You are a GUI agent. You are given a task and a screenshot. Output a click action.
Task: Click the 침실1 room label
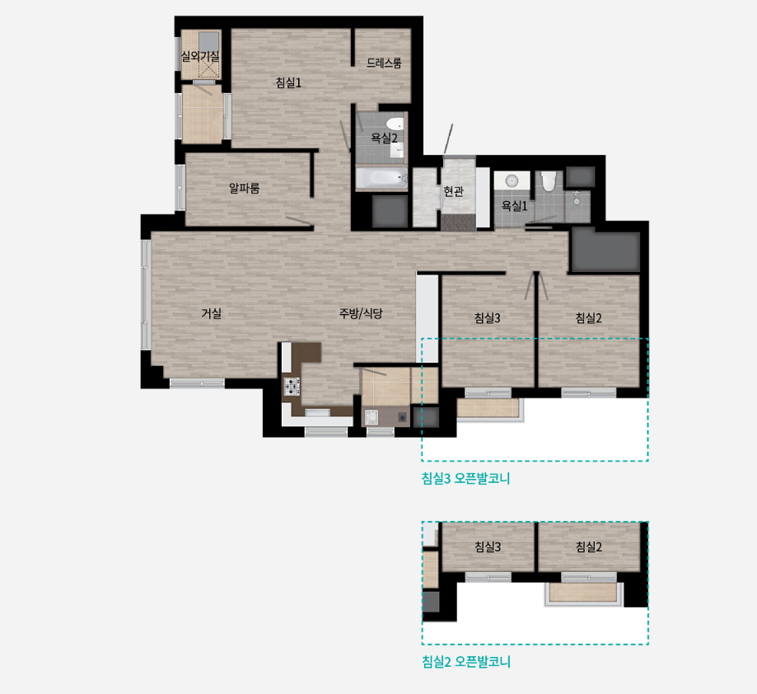pyautogui.click(x=288, y=82)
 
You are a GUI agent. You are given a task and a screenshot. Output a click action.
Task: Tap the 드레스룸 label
pyautogui.click(x=384, y=63)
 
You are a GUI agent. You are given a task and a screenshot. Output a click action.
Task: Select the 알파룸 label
pyautogui.click(x=245, y=188)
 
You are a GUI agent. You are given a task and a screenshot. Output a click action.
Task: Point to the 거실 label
pyautogui.click(x=212, y=313)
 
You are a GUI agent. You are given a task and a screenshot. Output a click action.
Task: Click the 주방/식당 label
pyautogui.click(x=361, y=313)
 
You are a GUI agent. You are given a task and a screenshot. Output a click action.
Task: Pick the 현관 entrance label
pyautogui.click(x=453, y=191)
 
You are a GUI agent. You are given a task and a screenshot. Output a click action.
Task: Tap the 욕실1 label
pyautogui.click(x=514, y=206)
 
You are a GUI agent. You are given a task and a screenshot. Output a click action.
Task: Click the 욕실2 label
pyautogui.click(x=384, y=138)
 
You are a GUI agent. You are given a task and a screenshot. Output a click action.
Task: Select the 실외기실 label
pyautogui.click(x=200, y=56)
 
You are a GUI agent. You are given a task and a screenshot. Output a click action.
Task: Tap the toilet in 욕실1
pyautogui.click(x=549, y=181)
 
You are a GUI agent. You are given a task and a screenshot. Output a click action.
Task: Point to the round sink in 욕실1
pyautogui.click(x=512, y=181)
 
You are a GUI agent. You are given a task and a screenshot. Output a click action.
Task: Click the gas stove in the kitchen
pyautogui.click(x=292, y=387)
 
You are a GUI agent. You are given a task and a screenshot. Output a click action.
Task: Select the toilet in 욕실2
pyautogui.click(x=395, y=124)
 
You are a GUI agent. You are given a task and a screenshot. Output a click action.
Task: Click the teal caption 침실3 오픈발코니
pyautogui.click(x=466, y=479)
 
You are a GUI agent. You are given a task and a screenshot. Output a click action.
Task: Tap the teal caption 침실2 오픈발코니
pyautogui.click(x=466, y=662)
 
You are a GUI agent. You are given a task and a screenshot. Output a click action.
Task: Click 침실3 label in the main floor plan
pyautogui.click(x=487, y=318)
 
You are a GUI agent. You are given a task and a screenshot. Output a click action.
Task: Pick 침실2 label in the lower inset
pyautogui.click(x=588, y=546)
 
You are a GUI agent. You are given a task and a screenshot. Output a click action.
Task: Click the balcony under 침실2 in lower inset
pyautogui.click(x=584, y=593)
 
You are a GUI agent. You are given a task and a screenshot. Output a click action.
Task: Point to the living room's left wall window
pyautogui.click(x=146, y=294)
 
